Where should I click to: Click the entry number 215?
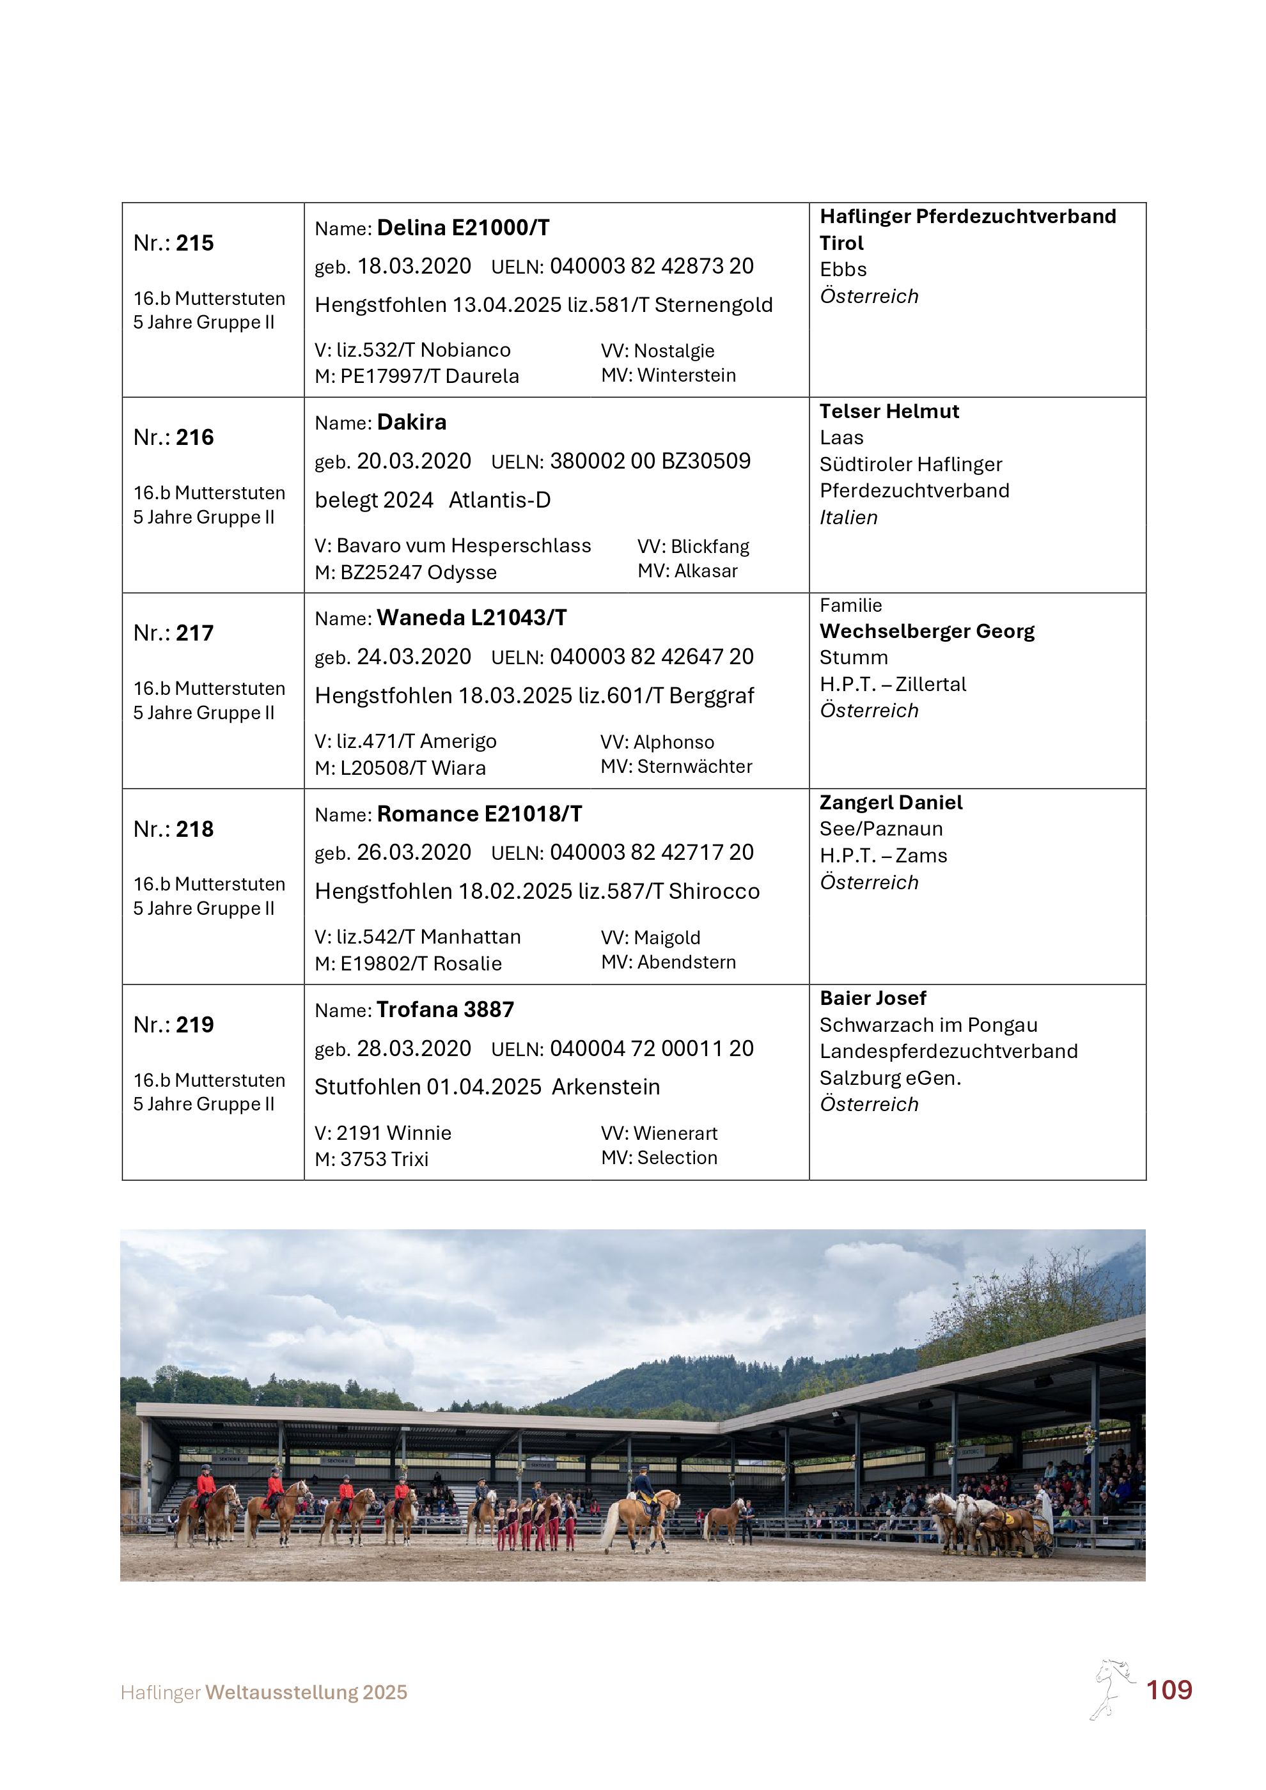click(194, 243)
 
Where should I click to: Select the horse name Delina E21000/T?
click(463, 228)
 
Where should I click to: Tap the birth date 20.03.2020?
click(414, 462)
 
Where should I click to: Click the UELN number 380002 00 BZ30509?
click(650, 462)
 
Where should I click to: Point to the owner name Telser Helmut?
click(889, 412)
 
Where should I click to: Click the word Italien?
click(848, 518)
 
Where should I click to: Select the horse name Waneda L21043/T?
click(472, 618)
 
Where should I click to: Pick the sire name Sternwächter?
click(694, 767)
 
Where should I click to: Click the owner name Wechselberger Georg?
click(927, 632)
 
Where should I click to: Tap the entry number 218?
click(194, 830)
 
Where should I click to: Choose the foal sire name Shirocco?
click(714, 892)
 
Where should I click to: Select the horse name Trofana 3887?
click(445, 1009)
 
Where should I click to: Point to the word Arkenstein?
click(606, 1087)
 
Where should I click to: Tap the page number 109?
click(1169, 1690)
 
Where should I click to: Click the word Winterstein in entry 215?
click(686, 376)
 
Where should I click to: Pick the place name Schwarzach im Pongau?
click(928, 1025)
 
